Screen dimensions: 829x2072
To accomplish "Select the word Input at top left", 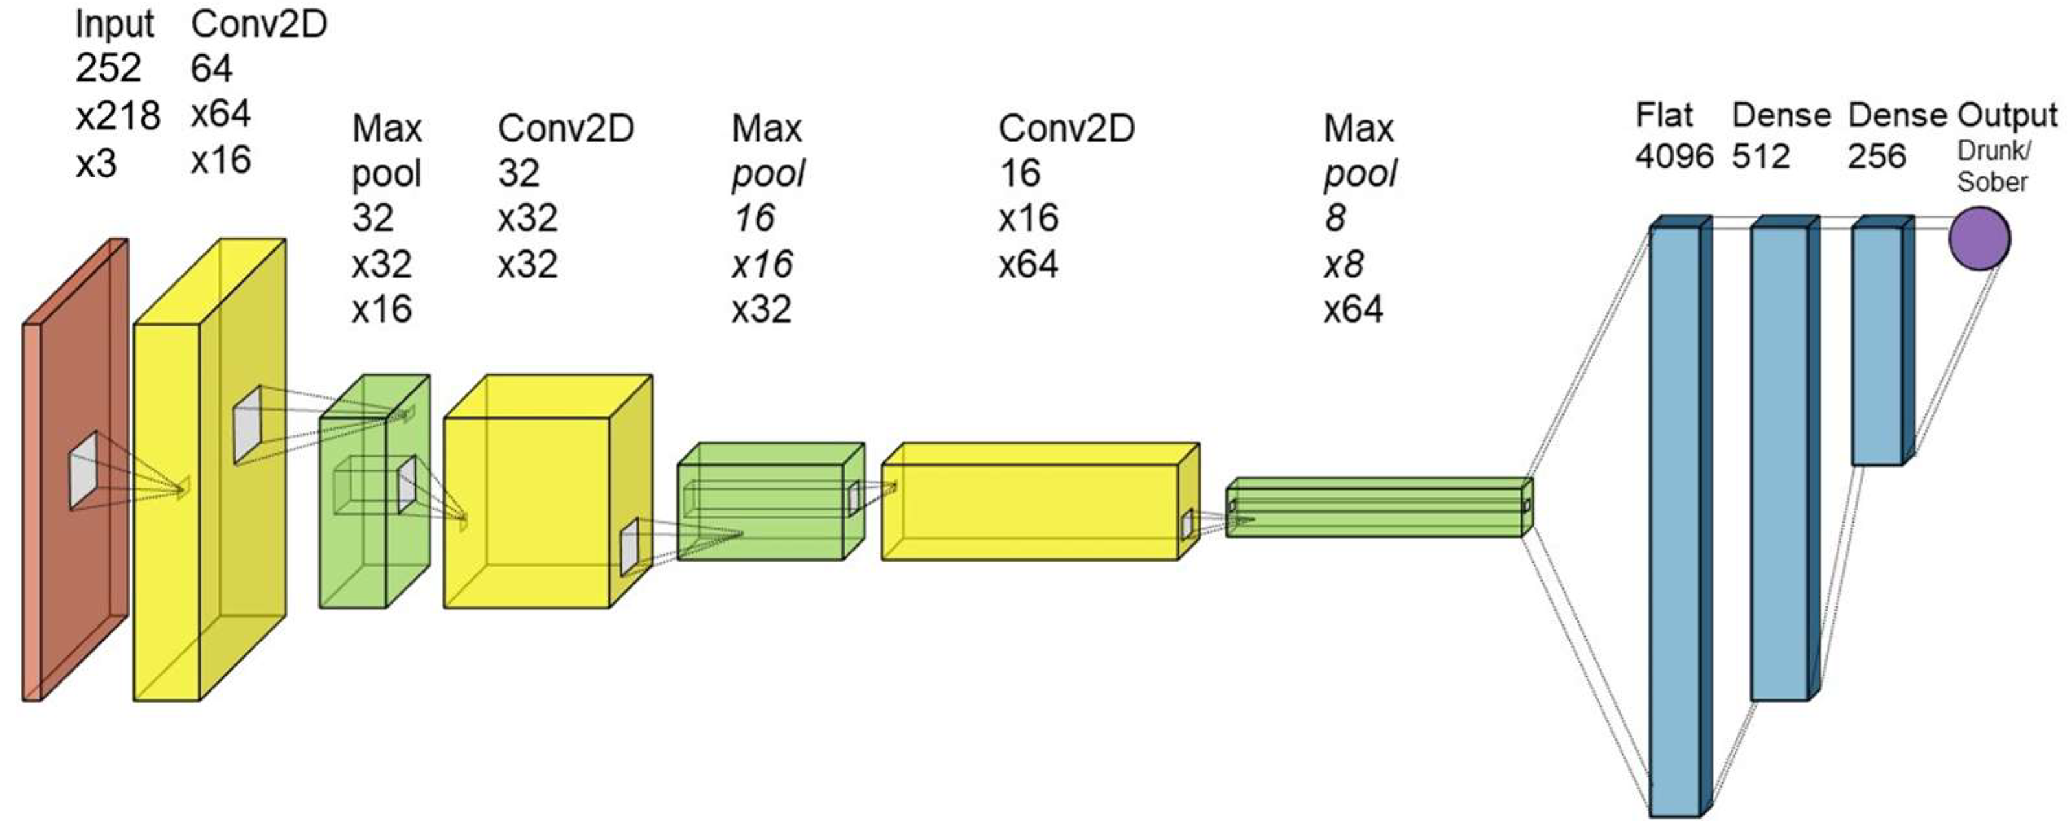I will point(114,24).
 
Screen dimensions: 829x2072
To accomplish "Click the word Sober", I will point(1992,182).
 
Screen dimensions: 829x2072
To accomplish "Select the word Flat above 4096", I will point(1663,116).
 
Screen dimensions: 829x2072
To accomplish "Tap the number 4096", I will point(1674,156).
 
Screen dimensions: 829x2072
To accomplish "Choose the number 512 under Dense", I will point(1760,156).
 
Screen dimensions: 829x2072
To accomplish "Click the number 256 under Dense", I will point(1876,156).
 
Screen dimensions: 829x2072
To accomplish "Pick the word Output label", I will point(2007,116).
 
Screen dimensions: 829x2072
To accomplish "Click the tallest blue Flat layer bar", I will point(1675,523).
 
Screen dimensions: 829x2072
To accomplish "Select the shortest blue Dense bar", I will point(1876,346).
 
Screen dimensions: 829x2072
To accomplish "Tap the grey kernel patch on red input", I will point(84,470).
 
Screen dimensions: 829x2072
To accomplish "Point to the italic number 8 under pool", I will point(1335,218).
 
